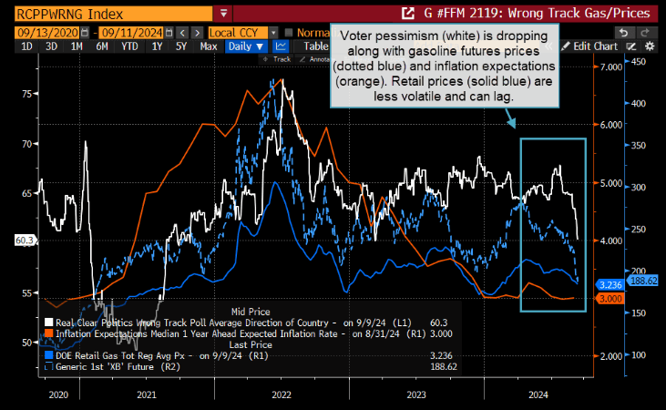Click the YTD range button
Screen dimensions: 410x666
130,46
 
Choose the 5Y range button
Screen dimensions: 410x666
181,46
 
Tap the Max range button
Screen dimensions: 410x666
209,46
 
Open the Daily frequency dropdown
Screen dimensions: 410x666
247,46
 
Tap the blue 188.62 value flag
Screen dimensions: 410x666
644,281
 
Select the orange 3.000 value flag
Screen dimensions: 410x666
610,298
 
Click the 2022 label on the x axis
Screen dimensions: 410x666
282,395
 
